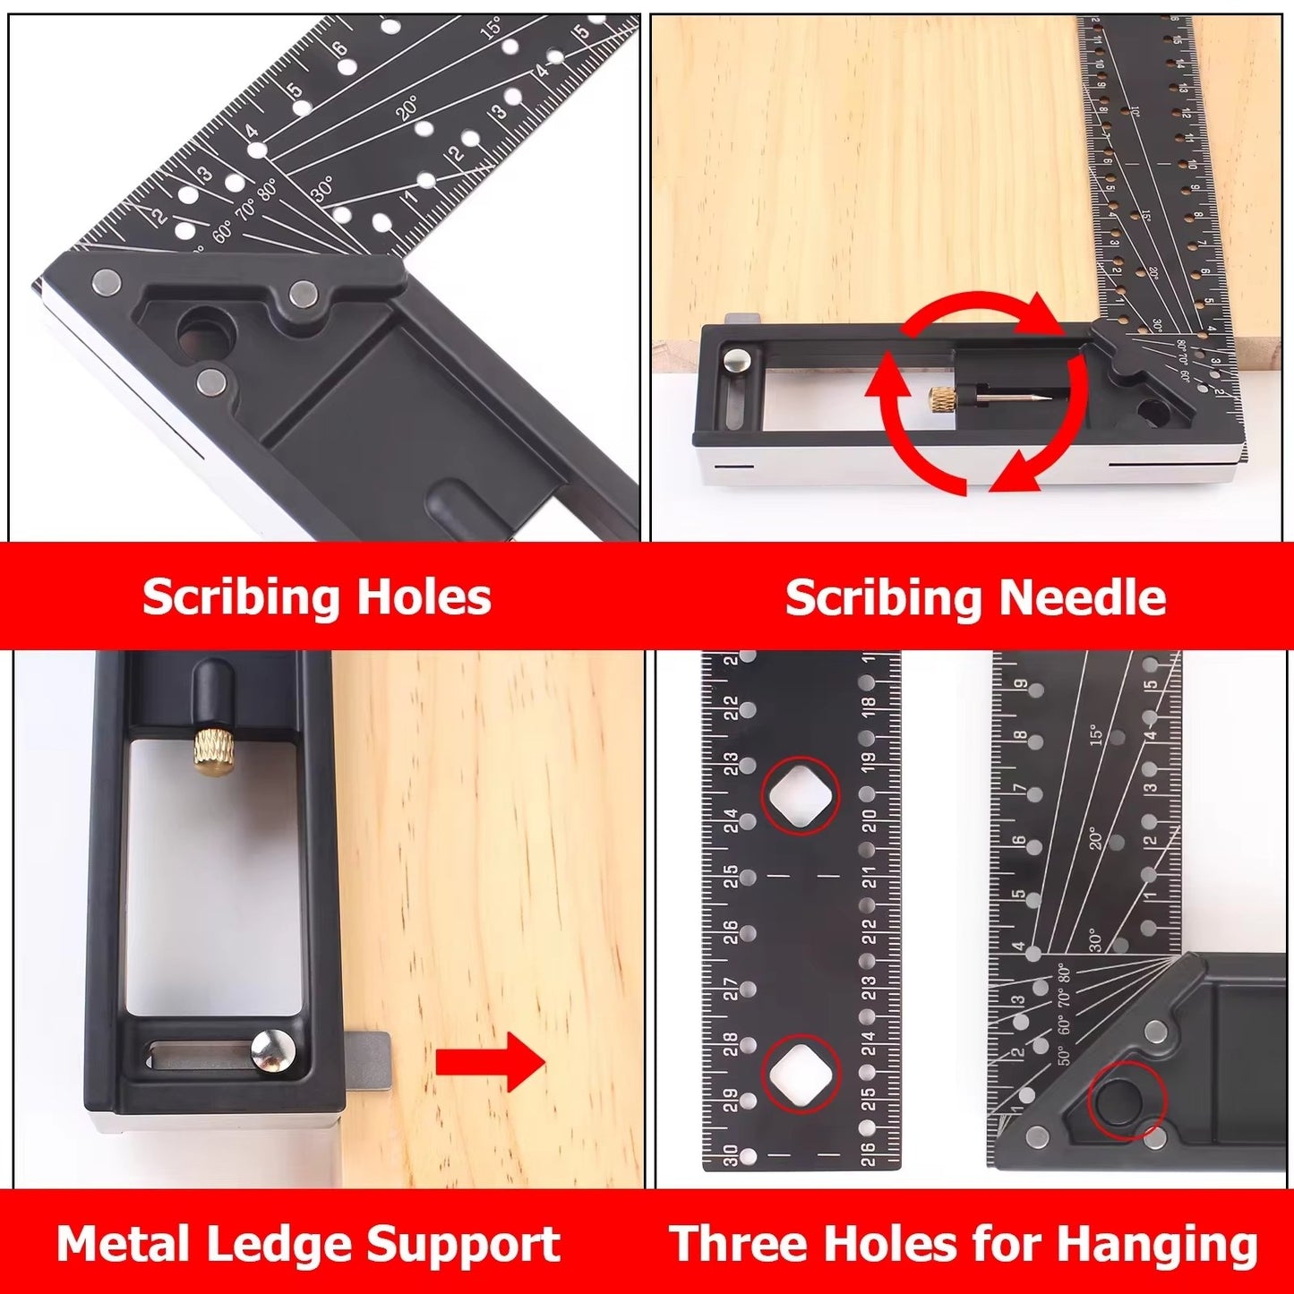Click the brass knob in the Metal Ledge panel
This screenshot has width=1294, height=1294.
[212, 751]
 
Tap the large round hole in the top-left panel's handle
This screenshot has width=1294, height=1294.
[205, 332]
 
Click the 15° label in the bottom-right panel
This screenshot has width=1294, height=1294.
[1097, 735]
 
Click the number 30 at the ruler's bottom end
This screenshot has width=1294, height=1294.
[731, 1155]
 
